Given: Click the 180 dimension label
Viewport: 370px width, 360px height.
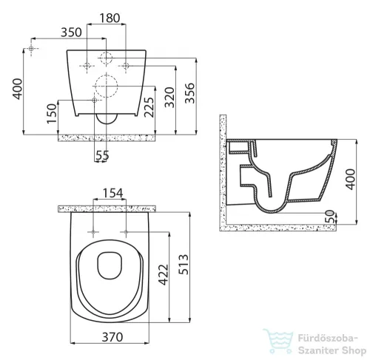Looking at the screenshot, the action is (110, 18).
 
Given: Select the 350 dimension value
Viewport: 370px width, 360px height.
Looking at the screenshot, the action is (71, 33).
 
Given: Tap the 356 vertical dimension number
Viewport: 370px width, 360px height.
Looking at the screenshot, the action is (189, 93).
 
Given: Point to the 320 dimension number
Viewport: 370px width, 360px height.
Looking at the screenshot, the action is (169, 98).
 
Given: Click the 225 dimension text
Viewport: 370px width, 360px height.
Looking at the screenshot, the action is (149, 107).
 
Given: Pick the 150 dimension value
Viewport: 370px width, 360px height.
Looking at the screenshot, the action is (52, 114).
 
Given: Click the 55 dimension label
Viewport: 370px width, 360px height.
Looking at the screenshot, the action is (102, 155).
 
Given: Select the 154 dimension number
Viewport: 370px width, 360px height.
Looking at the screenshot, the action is (112, 193).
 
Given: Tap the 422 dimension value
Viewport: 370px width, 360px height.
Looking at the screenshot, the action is (163, 275).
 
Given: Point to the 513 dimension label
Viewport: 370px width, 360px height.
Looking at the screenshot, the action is (184, 265).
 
